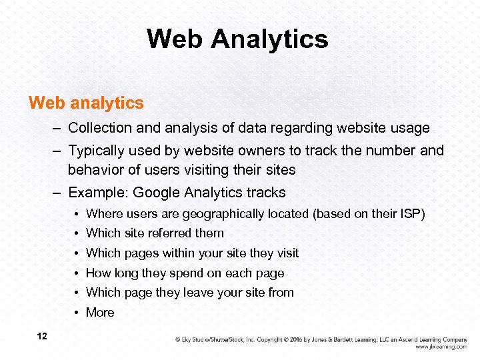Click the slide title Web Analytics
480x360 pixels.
click(237, 39)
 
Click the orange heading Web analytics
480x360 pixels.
click(86, 103)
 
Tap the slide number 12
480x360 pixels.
click(42, 336)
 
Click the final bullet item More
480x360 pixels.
click(100, 312)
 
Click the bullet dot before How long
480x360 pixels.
click(78, 273)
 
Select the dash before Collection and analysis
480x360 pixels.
click(59, 127)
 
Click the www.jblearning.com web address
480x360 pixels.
click(441, 347)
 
